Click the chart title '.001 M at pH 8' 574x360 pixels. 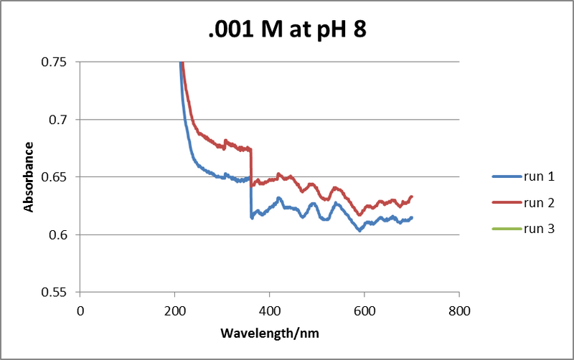286,29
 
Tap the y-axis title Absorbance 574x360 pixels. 29,176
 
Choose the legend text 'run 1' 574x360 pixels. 540,176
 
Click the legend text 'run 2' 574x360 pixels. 540,203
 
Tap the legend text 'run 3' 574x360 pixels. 540,229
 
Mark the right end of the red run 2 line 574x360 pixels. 411,196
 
